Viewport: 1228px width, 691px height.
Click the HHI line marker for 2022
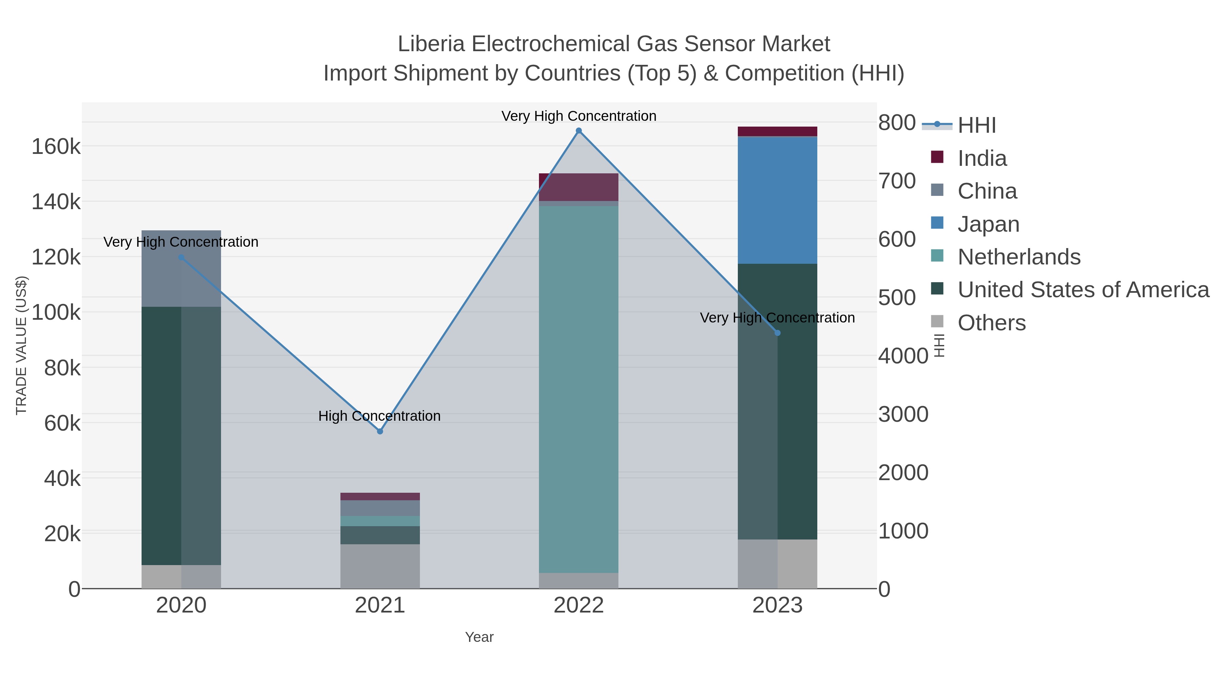coord(579,131)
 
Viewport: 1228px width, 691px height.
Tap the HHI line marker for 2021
coord(380,431)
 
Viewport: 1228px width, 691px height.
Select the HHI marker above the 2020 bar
coord(181,258)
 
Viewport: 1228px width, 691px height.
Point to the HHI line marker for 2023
coord(777,333)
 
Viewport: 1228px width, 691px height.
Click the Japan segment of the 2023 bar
coord(777,200)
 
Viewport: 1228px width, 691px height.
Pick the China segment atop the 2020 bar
coord(181,269)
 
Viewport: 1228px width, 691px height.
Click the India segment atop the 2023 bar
coord(777,131)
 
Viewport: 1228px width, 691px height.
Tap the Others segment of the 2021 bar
coord(380,566)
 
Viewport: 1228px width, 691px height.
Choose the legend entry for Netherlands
coord(1019,257)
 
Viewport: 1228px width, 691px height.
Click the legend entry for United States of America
coord(1083,290)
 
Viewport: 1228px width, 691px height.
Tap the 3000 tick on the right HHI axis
coord(903,414)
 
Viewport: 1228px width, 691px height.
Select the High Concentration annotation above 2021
coord(379,416)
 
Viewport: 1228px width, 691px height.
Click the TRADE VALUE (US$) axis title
coord(21,345)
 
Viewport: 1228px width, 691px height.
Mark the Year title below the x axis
coord(479,637)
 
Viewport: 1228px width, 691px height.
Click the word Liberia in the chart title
coord(431,44)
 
